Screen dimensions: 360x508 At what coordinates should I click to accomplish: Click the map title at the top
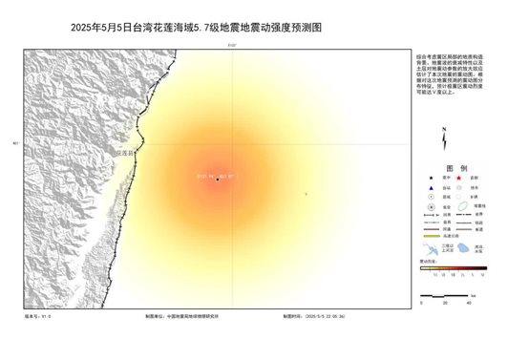197,28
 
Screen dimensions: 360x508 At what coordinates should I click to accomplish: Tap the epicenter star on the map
219,179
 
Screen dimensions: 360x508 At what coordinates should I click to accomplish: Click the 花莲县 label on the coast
125,153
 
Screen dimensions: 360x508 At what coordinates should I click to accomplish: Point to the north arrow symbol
444,139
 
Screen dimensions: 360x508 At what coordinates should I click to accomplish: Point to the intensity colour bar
453,268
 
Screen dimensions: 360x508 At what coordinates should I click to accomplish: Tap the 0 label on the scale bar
421,302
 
